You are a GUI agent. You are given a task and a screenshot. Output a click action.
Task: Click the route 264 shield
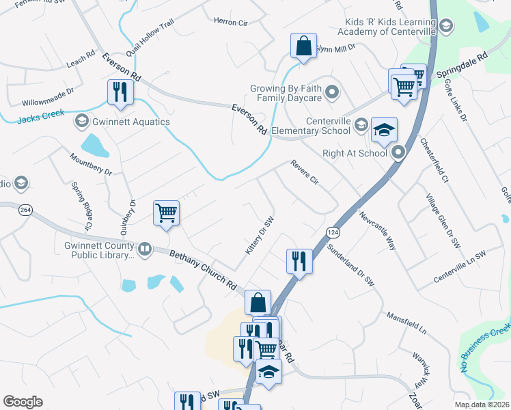coord(26,210)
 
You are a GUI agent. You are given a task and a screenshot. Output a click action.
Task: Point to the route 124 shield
coord(333,232)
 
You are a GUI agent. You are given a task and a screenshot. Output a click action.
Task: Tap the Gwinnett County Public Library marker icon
coord(144,249)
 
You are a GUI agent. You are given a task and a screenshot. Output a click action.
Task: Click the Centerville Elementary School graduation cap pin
coord(385,130)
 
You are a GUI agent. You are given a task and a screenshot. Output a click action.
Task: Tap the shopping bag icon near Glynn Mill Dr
coord(303,46)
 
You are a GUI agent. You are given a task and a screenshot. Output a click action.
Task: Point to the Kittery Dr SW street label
coord(260,236)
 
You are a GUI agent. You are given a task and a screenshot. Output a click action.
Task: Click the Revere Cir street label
coord(305,172)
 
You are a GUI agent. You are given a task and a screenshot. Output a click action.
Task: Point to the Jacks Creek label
coord(40,119)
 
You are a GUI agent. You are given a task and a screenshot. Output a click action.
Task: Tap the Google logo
coord(23,402)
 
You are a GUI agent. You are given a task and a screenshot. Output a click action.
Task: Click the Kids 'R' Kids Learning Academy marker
coord(445,27)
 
